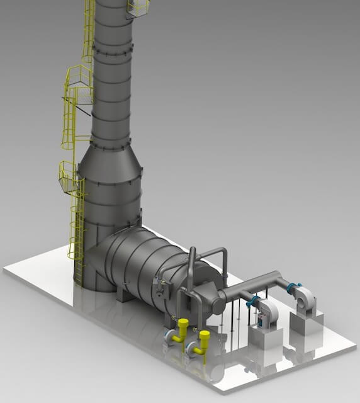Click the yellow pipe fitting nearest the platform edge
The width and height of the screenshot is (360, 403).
click(203, 342)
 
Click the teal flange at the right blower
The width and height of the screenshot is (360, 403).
click(290, 288)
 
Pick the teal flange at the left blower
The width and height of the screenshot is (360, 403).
click(253, 302)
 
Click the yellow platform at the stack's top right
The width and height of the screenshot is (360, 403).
click(138, 8)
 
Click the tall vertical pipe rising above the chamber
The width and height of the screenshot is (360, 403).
click(191, 271)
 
